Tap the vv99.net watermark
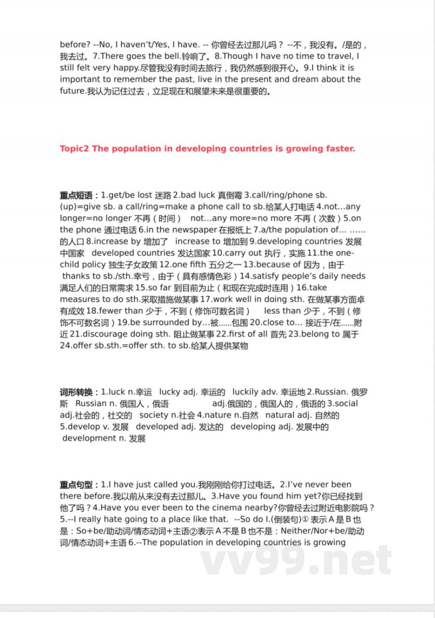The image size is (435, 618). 296,557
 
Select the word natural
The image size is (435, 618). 297,415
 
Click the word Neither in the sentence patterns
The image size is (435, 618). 299,530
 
